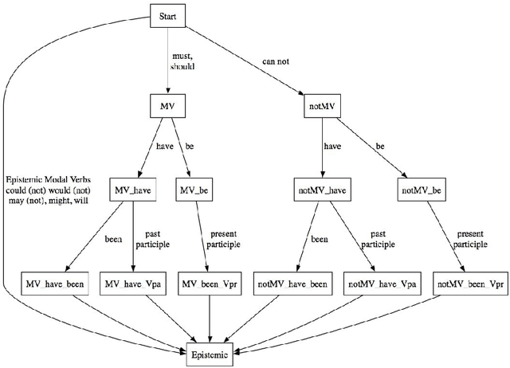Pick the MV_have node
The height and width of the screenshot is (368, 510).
point(133,191)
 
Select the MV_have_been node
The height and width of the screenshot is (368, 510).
point(54,284)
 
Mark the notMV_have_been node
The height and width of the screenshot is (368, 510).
point(292,284)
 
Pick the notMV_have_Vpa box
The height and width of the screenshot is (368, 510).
point(382,284)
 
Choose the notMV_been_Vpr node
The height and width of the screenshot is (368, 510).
point(471,284)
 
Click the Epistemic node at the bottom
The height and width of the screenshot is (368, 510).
point(210,351)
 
